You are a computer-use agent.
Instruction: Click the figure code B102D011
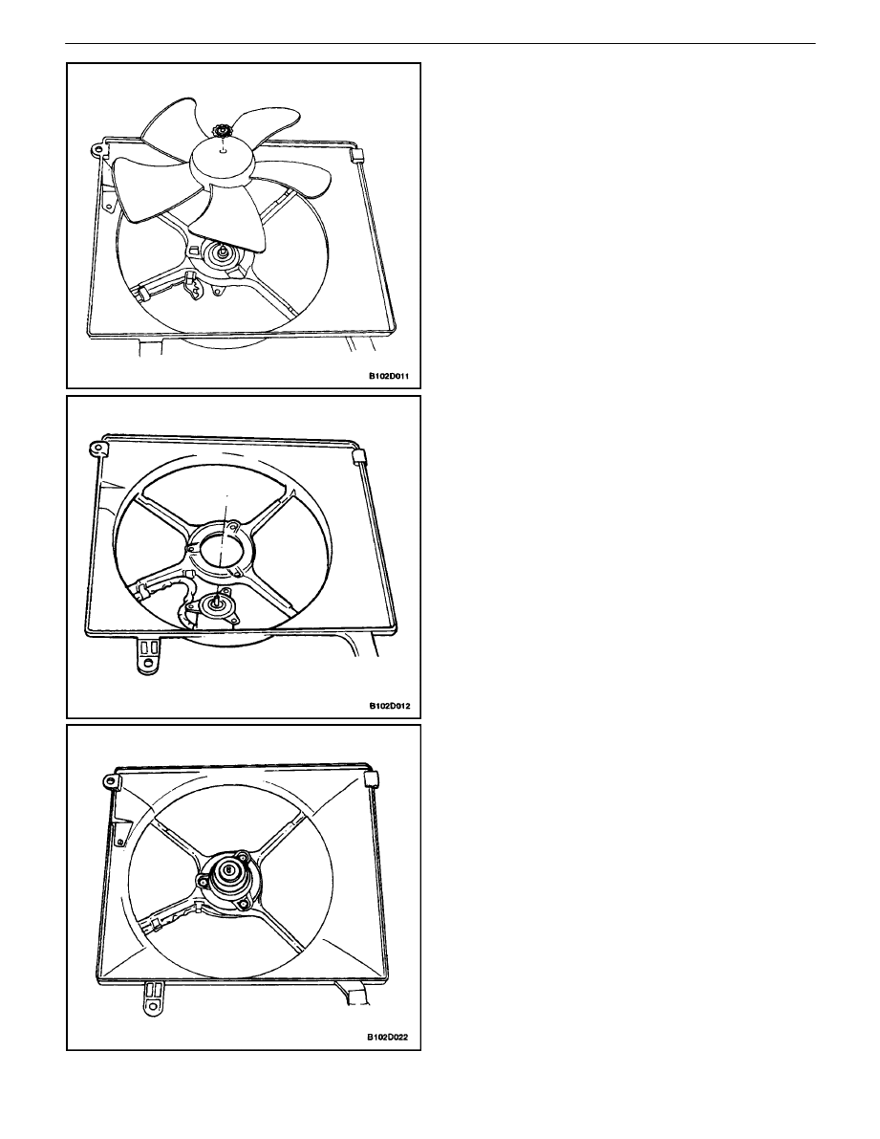389,377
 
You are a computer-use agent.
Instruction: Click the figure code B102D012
389,706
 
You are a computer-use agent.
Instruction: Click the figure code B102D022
387,1037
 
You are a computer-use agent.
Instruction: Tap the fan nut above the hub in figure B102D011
219,131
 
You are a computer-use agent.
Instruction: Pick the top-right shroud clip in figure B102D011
356,157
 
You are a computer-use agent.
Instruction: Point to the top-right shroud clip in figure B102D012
358,456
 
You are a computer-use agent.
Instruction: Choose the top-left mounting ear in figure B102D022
110,781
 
